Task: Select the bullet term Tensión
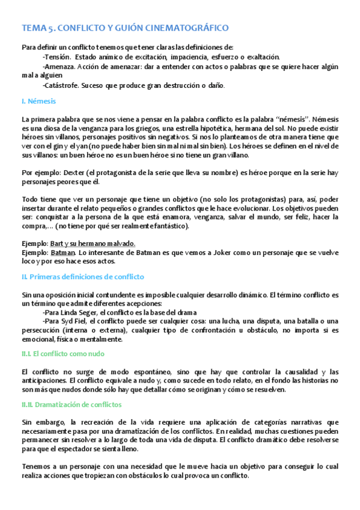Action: (58, 57)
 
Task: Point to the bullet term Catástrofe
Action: (62, 85)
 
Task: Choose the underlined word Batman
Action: (62, 252)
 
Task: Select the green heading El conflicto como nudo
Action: (63, 355)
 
